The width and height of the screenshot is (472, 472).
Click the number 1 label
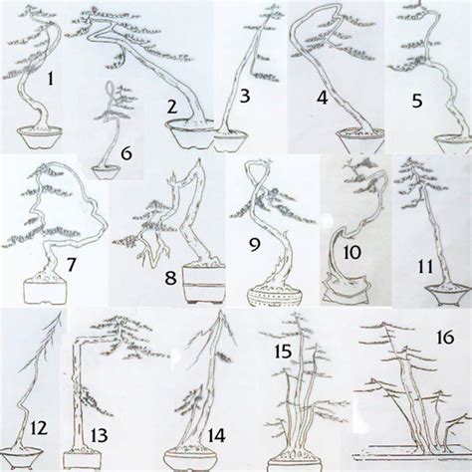click(x=50, y=80)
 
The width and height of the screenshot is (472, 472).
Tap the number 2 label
click(x=171, y=108)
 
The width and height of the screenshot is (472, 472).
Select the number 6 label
click(x=126, y=154)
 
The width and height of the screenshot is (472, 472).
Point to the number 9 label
click(x=255, y=245)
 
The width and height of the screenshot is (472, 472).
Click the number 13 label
click(x=99, y=435)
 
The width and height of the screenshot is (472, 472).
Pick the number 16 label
click(x=445, y=338)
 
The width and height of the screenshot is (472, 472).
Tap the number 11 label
click(x=425, y=266)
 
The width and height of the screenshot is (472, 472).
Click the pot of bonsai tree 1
click(x=40, y=136)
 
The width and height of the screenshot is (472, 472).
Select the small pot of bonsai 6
click(x=106, y=172)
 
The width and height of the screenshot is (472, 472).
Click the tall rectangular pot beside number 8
click(x=204, y=283)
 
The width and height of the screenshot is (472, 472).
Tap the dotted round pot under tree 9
click(x=275, y=294)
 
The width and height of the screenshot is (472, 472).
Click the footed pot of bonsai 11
click(x=445, y=294)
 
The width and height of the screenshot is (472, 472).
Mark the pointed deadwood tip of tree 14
click(x=220, y=312)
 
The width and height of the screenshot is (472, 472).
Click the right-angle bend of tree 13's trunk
click(x=77, y=340)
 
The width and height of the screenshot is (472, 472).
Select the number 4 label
click(x=322, y=98)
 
